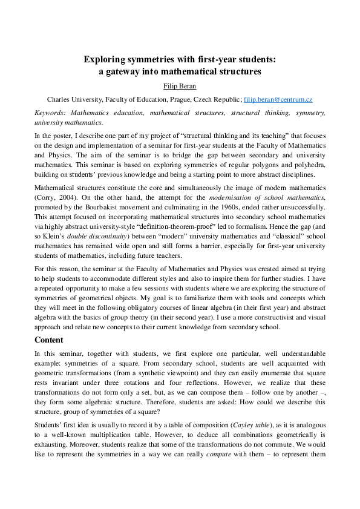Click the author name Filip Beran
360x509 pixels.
[x=180, y=86]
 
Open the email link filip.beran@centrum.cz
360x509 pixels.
[x=278, y=99]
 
